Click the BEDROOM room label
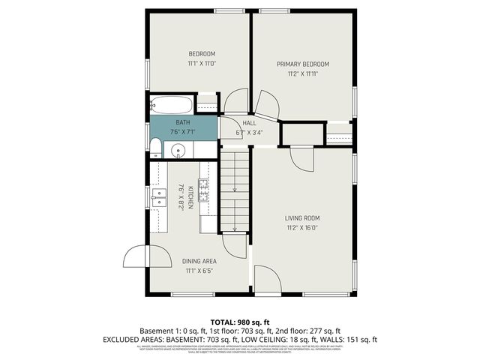click(x=201, y=53)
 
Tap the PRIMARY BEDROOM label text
click(x=302, y=64)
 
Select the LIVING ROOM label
click(x=302, y=219)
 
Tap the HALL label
click(x=249, y=123)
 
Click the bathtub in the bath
click(x=172, y=104)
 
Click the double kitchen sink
click(x=159, y=197)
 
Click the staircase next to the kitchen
click(x=235, y=191)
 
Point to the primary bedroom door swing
click(x=265, y=104)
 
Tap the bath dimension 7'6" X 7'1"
click(x=182, y=132)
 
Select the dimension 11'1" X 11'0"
click(x=201, y=64)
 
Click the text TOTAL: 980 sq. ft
click(x=239, y=319)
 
